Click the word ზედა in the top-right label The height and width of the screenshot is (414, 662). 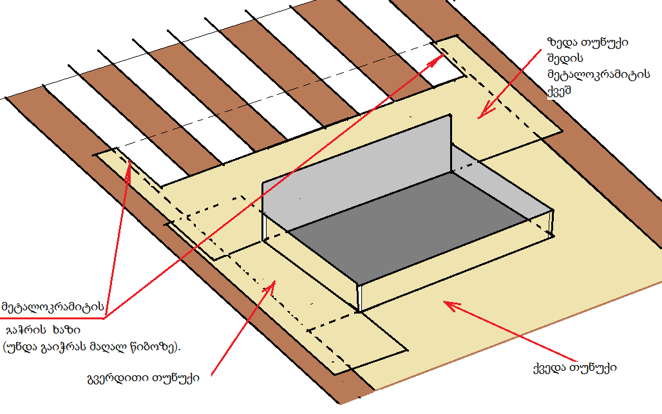pyautogui.click(x=559, y=42)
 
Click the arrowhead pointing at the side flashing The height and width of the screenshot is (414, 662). pyautogui.click(x=272, y=285)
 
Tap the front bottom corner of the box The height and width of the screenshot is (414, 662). pyautogui.click(x=357, y=312)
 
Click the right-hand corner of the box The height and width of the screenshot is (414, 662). pyautogui.click(x=553, y=211)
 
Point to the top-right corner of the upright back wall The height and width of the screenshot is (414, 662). pyautogui.click(x=450, y=117)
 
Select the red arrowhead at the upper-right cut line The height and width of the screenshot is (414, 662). pyautogui.click(x=440, y=59)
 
